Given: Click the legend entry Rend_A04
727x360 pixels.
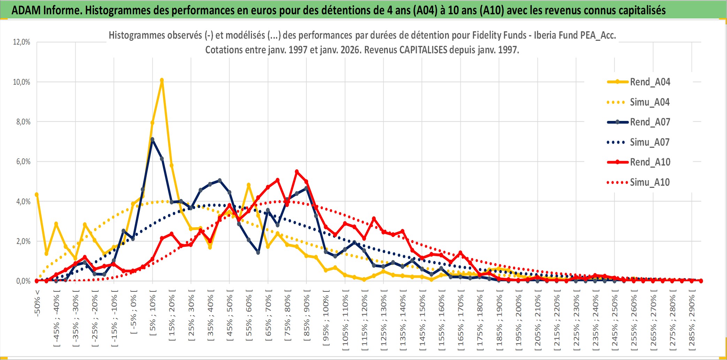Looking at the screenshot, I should click(650, 82).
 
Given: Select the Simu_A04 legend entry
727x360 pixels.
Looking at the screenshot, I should click(650, 102).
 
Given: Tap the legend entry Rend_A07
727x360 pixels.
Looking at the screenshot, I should click(650, 122).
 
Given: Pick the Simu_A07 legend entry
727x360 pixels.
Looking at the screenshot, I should click(650, 142).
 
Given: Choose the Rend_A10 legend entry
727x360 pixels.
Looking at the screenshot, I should click(650, 162).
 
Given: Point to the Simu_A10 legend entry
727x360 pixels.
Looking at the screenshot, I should click(650, 182).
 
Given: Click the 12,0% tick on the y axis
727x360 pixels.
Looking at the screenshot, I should click(22, 42).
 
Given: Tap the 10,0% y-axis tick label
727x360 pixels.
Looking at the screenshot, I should click(22, 82).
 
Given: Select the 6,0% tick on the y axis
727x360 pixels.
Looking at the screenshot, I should click(23, 162).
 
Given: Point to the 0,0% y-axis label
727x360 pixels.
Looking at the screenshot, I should click(23, 281).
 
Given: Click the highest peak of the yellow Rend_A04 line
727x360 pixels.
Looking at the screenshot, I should click(162, 80).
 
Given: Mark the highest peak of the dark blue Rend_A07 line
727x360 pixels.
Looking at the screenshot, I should click(152, 139).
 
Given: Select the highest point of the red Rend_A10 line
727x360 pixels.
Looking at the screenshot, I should click(297, 171).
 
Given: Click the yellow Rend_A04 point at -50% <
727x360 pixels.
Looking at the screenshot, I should click(37, 194).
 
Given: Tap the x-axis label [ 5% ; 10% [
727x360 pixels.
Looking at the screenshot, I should click(153, 315).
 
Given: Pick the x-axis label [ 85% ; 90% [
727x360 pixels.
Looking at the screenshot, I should click(307, 316).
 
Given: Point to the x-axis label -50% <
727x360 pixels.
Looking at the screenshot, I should click(37, 303).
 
